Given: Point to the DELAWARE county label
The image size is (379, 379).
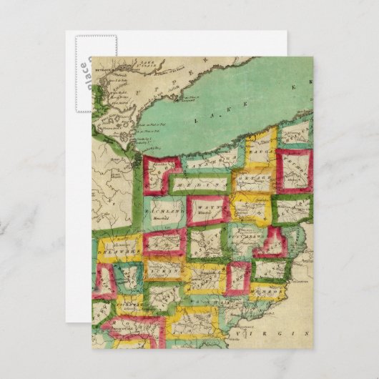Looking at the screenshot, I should [x=117, y=252].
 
